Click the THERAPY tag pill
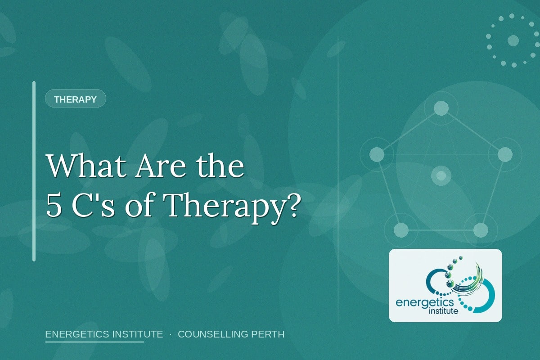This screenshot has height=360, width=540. pyautogui.click(x=75, y=99)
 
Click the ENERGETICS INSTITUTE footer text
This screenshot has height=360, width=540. pyautogui.click(x=104, y=334)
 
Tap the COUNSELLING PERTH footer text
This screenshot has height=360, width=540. pyautogui.click(x=231, y=334)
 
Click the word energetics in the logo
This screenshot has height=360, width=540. pyautogui.click(x=425, y=303)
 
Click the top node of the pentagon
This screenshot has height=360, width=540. pyautogui.click(x=441, y=108)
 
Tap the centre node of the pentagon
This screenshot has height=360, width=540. pyautogui.click(x=441, y=175)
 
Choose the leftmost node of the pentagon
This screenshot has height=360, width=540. pyautogui.click(x=377, y=154)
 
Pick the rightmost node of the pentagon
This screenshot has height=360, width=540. pyautogui.click(x=505, y=154)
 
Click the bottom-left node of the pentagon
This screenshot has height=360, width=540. pyautogui.click(x=401, y=230)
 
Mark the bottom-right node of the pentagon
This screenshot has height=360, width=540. pyautogui.click(x=481, y=230)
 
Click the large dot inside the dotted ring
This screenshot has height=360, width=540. pyautogui.click(x=513, y=40)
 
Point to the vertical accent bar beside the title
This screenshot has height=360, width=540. pyautogui.click(x=34, y=171)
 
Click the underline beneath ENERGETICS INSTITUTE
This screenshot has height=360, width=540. pyautogui.click(x=94, y=342)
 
